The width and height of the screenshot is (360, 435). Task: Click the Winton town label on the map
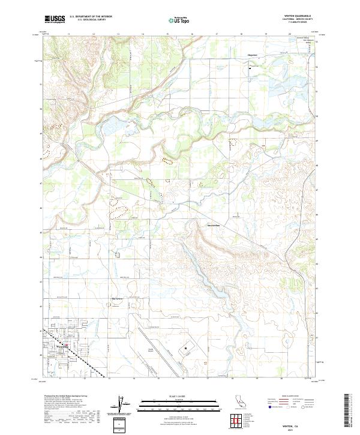pos(62,347)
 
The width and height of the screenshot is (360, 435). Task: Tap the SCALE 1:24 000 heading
pos(179,394)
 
